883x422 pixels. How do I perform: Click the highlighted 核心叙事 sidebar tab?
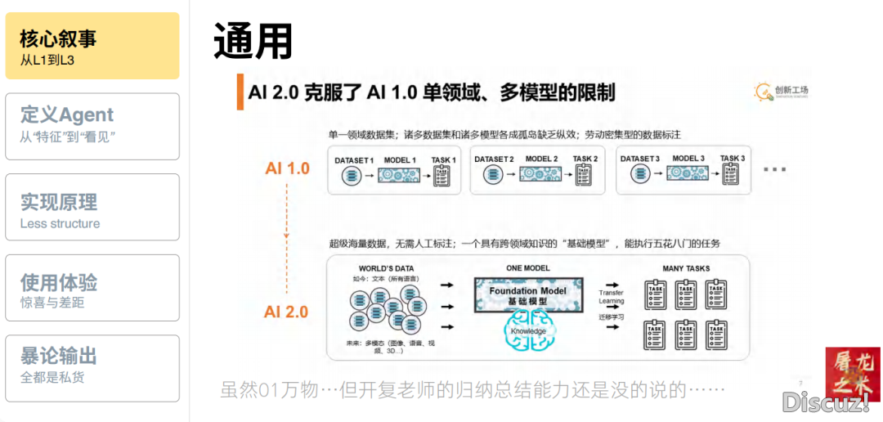[x=92, y=46]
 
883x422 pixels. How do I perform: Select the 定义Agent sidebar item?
[x=92, y=126]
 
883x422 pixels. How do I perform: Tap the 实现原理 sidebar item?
[x=92, y=207]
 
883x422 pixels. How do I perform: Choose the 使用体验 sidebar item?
[x=92, y=288]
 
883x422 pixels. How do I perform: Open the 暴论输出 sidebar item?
[x=92, y=368]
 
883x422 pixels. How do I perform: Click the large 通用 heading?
[x=253, y=41]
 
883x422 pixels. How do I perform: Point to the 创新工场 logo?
[x=782, y=92]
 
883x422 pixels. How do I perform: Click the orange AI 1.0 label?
[x=287, y=168]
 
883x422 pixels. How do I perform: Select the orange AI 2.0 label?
[x=286, y=312]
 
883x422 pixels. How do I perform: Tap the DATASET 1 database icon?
[x=354, y=174]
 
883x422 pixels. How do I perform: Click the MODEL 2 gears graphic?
[x=541, y=174]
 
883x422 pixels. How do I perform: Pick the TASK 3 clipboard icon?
[x=732, y=174]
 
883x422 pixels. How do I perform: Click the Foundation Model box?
[x=527, y=295]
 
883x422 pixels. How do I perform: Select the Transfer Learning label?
[x=611, y=297]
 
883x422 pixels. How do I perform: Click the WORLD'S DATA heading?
[x=386, y=268]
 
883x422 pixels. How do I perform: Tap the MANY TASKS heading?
[x=686, y=268]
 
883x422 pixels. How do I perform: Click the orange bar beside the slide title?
[x=240, y=92]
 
